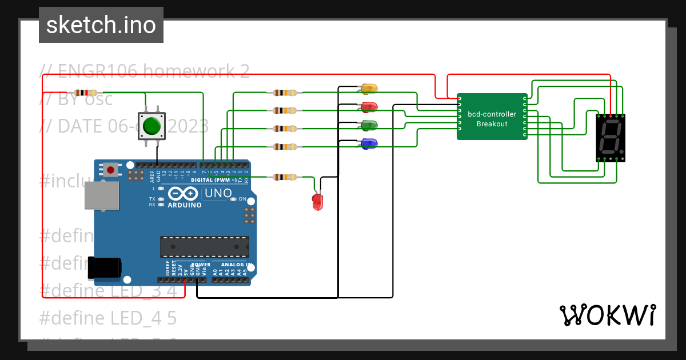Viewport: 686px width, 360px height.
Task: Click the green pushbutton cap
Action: [x=151, y=125]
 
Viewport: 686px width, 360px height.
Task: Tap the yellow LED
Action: [x=369, y=89]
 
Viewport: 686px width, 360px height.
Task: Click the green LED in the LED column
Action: [x=369, y=125]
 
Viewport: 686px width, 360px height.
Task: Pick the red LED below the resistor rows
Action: [x=317, y=201]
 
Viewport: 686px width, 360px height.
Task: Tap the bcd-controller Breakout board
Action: [x=492, y=117]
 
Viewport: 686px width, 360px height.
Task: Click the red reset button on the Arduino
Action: [x=110, y=169]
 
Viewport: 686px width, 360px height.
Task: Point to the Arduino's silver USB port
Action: [x=101, y=196]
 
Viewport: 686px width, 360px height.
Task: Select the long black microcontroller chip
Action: [x=204, y=246]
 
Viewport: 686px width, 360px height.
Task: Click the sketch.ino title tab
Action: [x=101, y=25]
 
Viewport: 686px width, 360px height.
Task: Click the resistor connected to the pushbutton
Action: [x=86, y=93]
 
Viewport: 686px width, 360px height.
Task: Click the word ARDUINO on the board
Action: [x=184, y=205]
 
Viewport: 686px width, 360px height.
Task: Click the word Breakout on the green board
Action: [x=492, y=124]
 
